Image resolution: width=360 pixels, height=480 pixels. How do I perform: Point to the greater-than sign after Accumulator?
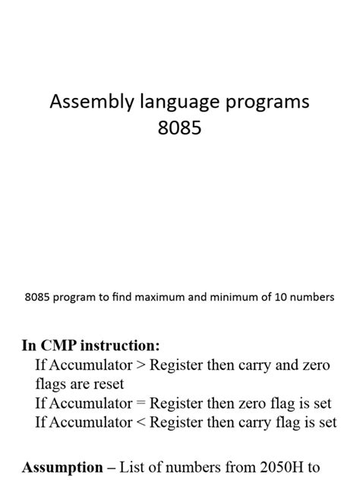coord(141,366)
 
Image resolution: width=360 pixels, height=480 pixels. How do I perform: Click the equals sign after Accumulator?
coord(141,403)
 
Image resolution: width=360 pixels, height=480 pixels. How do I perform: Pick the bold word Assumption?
coord(62,466)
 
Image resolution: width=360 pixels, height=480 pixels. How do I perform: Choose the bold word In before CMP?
coord(30,346)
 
